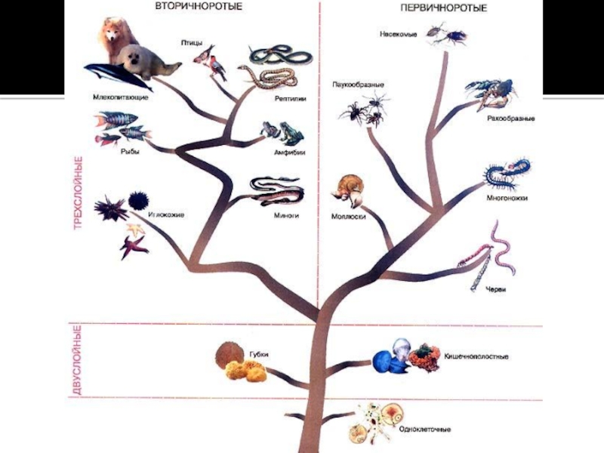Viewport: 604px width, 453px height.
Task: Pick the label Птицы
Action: point(191,42)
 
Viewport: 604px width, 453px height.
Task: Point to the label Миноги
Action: point(285,215)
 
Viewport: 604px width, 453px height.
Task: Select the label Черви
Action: point(495,290)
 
